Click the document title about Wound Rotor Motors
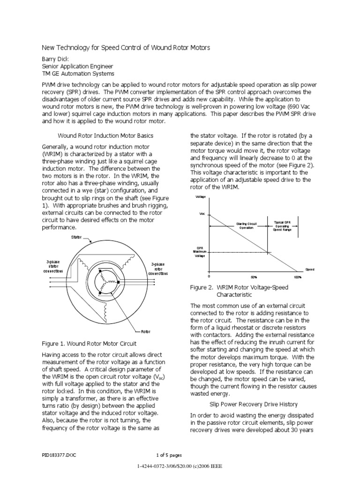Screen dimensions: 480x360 (x=126, y=48)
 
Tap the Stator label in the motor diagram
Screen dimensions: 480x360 (x=76, y=238)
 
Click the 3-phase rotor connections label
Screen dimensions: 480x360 (x=158, y=269)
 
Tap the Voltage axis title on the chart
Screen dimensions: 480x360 (x=201, y=197)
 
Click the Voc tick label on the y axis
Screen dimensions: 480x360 (x=202, y=214)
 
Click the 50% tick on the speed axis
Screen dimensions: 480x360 (x=255, y=277)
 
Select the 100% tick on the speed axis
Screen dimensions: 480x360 (x=298, y=277)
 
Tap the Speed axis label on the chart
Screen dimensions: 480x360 (x=310, y=270)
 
